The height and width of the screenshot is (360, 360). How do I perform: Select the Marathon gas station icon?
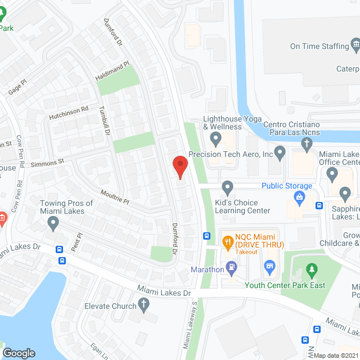[231, 269]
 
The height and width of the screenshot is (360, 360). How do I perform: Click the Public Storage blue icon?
[299, 196]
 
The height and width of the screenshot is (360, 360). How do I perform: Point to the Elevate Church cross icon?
[144, 305]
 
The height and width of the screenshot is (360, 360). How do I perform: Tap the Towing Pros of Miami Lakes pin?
[53, 224]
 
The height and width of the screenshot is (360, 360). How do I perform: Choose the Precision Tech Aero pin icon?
[280, 152]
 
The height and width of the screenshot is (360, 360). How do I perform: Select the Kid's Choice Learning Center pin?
[228, 187]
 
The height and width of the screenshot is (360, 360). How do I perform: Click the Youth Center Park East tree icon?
[310, 271]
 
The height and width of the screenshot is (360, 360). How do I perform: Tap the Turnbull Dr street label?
[104, 121]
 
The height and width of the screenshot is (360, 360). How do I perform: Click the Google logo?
[19, 353]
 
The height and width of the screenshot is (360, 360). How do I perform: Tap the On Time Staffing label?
[319, 46]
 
